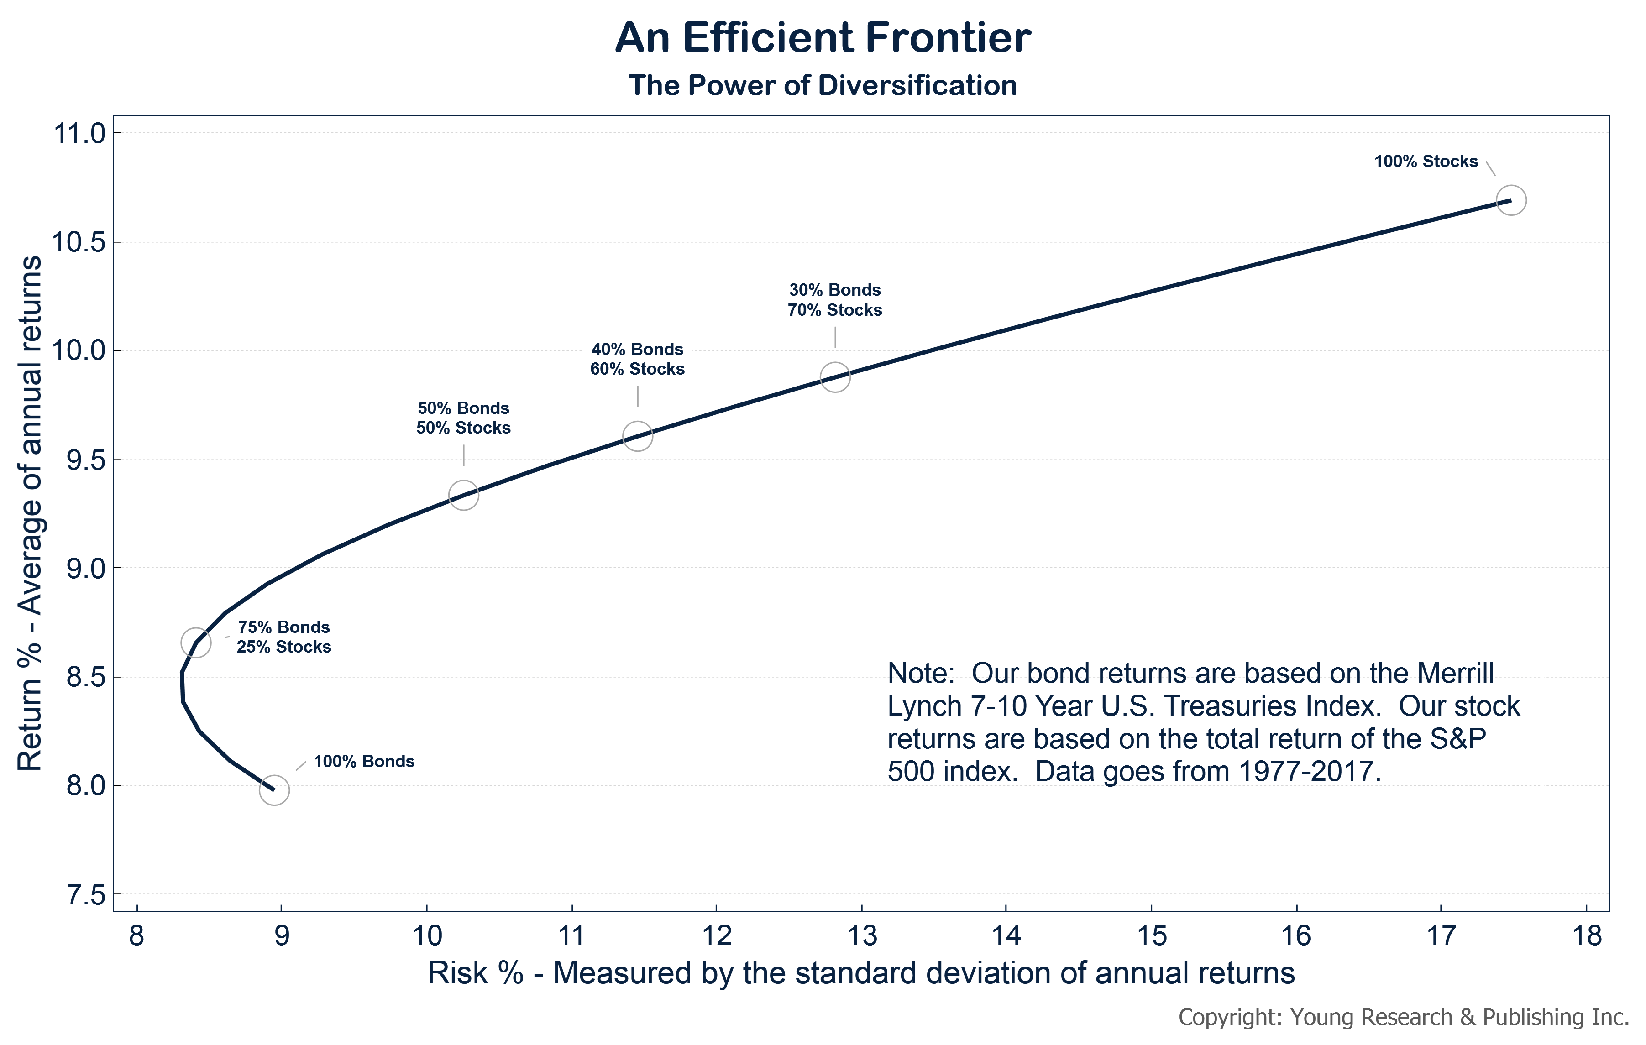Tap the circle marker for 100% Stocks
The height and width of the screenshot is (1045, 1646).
(x=1510, y=200)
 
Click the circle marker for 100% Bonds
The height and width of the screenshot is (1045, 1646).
(x=274, y=790)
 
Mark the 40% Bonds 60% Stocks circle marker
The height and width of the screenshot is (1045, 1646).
(x=637, y=436)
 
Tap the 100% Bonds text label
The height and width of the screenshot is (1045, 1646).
(x=364, y=761)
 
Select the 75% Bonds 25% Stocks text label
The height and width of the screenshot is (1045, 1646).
(x=283, y=637)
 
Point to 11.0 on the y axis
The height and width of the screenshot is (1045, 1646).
(x=79, y=133)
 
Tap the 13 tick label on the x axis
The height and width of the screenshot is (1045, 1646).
(x=861, y=935)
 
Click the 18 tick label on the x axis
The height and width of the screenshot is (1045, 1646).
(x=1587, y=935)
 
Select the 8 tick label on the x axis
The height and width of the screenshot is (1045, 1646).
(x=137, y=935)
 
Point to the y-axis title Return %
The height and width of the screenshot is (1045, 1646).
(x=30, y=513)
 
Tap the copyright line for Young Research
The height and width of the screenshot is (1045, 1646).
(x=1403, y=1018)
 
